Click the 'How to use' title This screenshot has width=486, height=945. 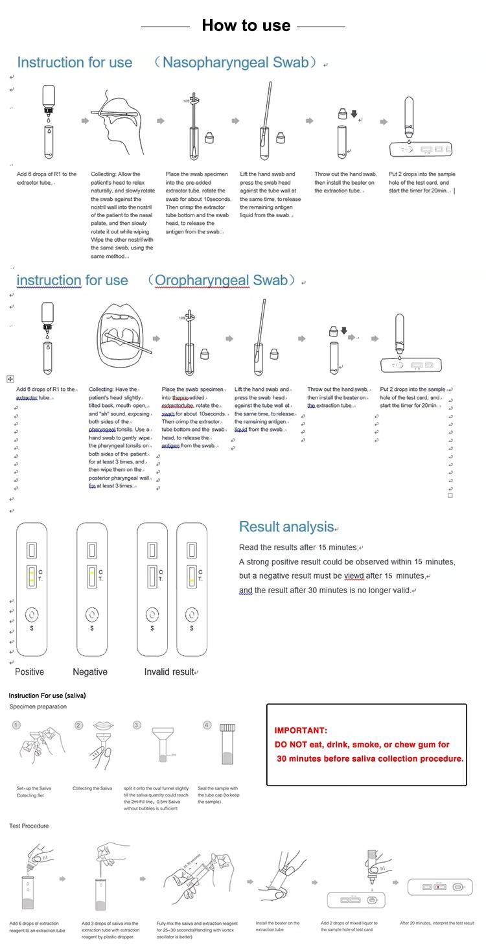coord(246,25)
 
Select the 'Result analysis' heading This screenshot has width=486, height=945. coord(287,527)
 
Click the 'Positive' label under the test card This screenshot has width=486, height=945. coord(29,671)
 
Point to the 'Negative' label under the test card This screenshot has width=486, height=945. coord(90,671)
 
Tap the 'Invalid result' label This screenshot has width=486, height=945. coord(169,671)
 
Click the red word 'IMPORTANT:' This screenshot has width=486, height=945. coord(301,730)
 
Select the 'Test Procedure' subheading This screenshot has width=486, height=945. coord(29,826)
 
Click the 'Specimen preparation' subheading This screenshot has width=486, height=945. coord(38,706)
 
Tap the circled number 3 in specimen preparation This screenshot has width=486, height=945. coord(137,725)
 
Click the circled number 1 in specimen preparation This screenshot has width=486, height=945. coord(16,725)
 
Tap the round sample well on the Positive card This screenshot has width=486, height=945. coord(31,615)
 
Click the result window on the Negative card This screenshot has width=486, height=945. coord(91,575)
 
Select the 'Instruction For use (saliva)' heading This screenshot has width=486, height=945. coord(47,695)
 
